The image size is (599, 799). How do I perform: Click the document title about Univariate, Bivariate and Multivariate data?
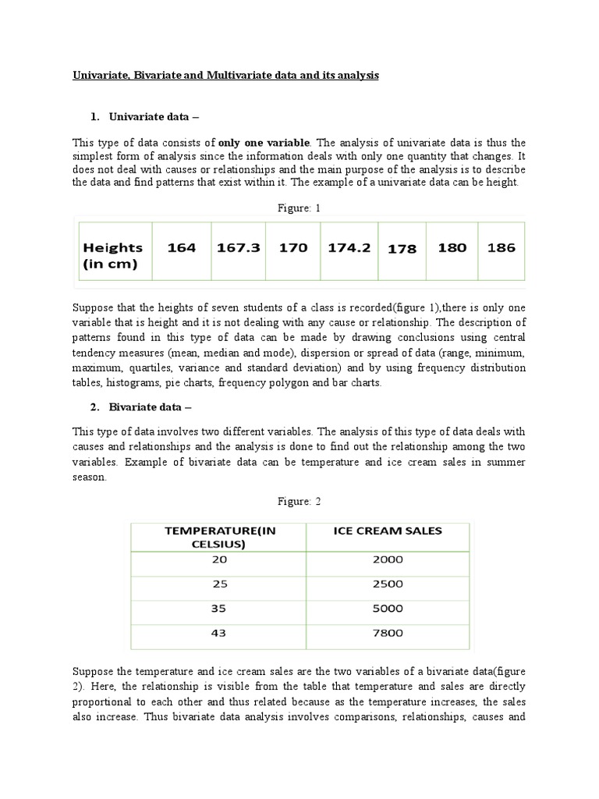point(225,76)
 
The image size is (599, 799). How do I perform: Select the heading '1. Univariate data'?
point(146,117)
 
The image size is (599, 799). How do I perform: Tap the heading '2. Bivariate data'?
point(140,407)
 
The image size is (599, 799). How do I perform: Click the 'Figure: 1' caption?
point(299,208)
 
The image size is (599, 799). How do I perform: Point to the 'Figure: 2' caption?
point(299,502)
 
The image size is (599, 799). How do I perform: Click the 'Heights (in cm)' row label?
point(113,255)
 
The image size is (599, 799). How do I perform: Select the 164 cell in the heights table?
point(182,248)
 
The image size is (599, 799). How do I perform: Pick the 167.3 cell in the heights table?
point(238,248)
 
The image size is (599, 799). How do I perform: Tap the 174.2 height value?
point(349,248)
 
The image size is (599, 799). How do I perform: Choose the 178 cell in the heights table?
point(402,249)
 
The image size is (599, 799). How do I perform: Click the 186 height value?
point(501,248)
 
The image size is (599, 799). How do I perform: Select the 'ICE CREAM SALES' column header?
point(388,531)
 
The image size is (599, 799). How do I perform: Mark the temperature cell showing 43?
point(218,633)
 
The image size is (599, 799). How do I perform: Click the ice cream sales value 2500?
point(388,584)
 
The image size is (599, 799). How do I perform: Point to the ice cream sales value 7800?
point(388,633)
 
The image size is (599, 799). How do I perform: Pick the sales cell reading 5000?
point(388,608)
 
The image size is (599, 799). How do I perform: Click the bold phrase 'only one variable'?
point(264,143)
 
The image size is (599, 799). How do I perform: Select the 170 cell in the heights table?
point(293,248)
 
